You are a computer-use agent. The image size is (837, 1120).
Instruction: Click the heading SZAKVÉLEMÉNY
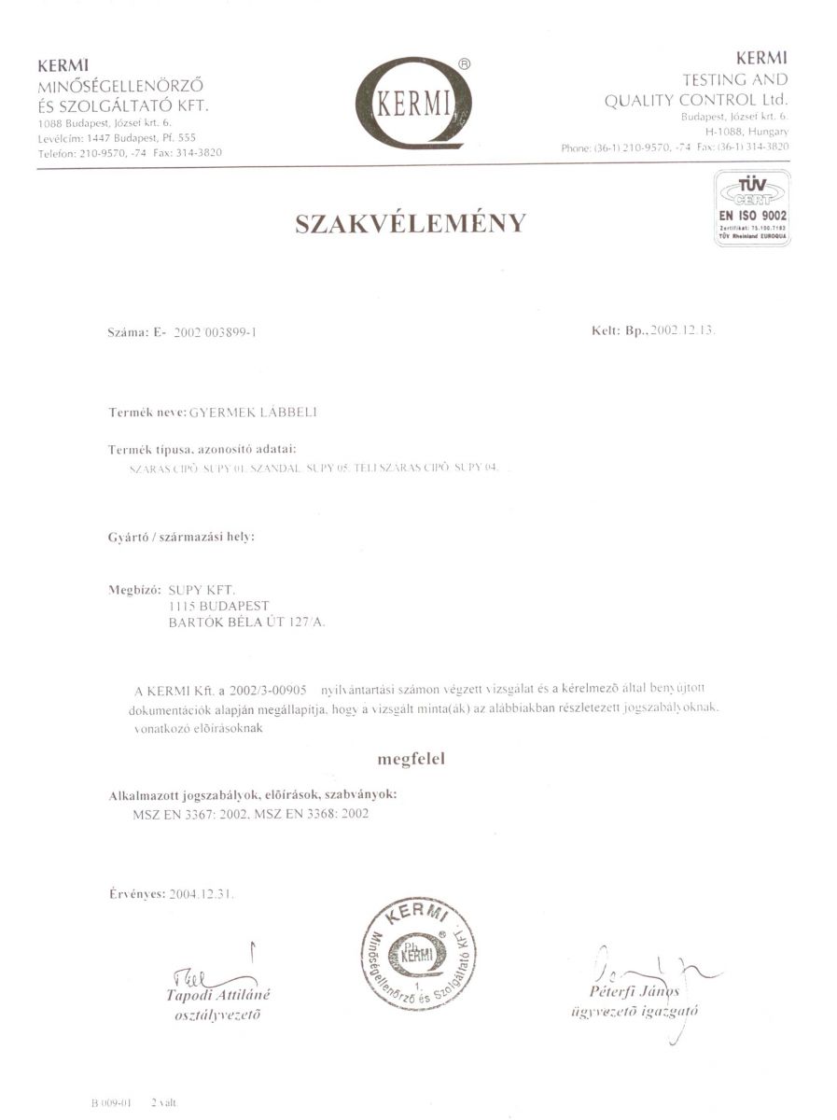click(x=411, y=224)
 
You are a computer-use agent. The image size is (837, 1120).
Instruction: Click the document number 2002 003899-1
click(x=215, y=332)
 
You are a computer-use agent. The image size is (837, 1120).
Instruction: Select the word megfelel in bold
click(x=411, y=759)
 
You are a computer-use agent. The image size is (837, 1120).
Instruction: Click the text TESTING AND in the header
click(x=736, y=80)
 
